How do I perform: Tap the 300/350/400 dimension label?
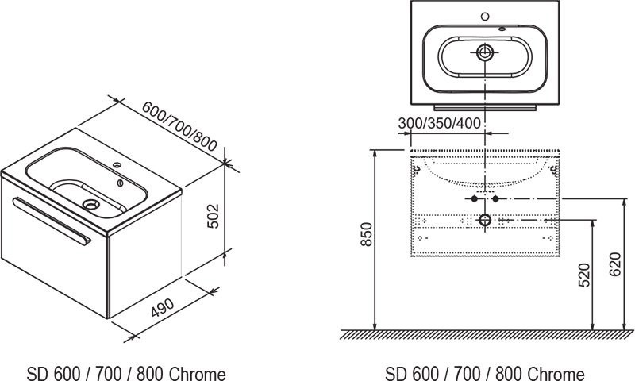438,123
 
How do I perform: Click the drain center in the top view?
485,53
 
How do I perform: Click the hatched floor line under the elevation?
486,334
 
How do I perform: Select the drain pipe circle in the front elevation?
486,219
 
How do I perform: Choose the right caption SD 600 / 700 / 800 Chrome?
485,373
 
